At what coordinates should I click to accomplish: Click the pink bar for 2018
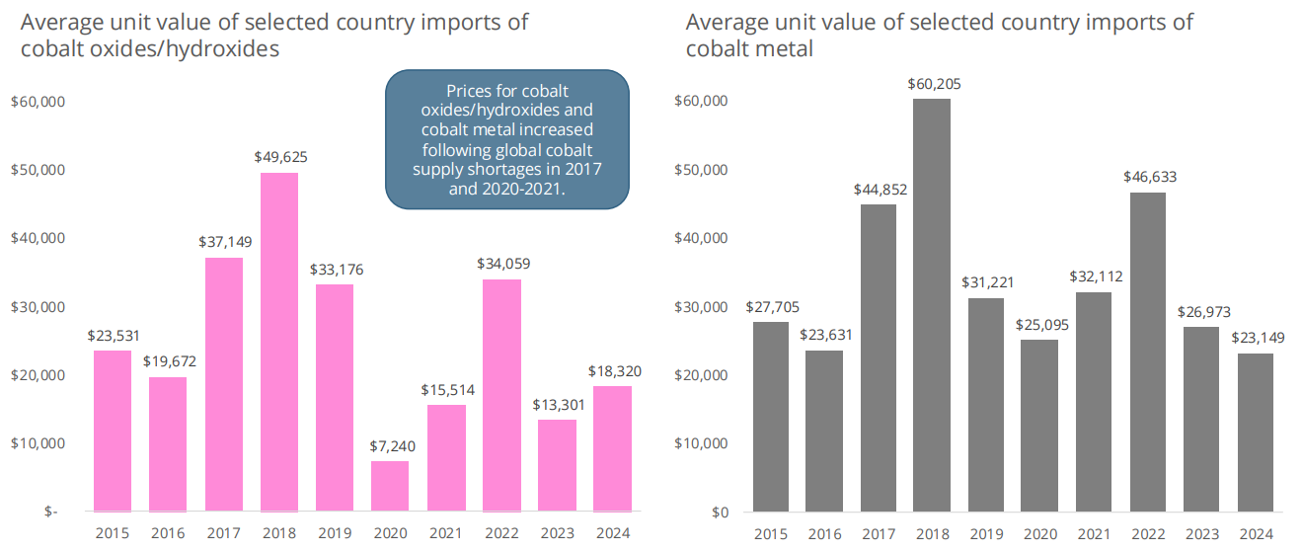[279, 342]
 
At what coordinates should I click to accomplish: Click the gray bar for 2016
[824, 431]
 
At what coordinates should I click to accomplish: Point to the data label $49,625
[279, 156]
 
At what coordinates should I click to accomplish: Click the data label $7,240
[390, 445]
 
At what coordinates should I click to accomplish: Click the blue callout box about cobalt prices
[506, 138]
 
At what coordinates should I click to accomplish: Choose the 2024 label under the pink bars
[613, 534]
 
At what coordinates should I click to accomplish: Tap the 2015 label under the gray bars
[770, 534]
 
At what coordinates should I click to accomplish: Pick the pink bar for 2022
[501, 395]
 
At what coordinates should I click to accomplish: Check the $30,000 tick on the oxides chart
[37, 306]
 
